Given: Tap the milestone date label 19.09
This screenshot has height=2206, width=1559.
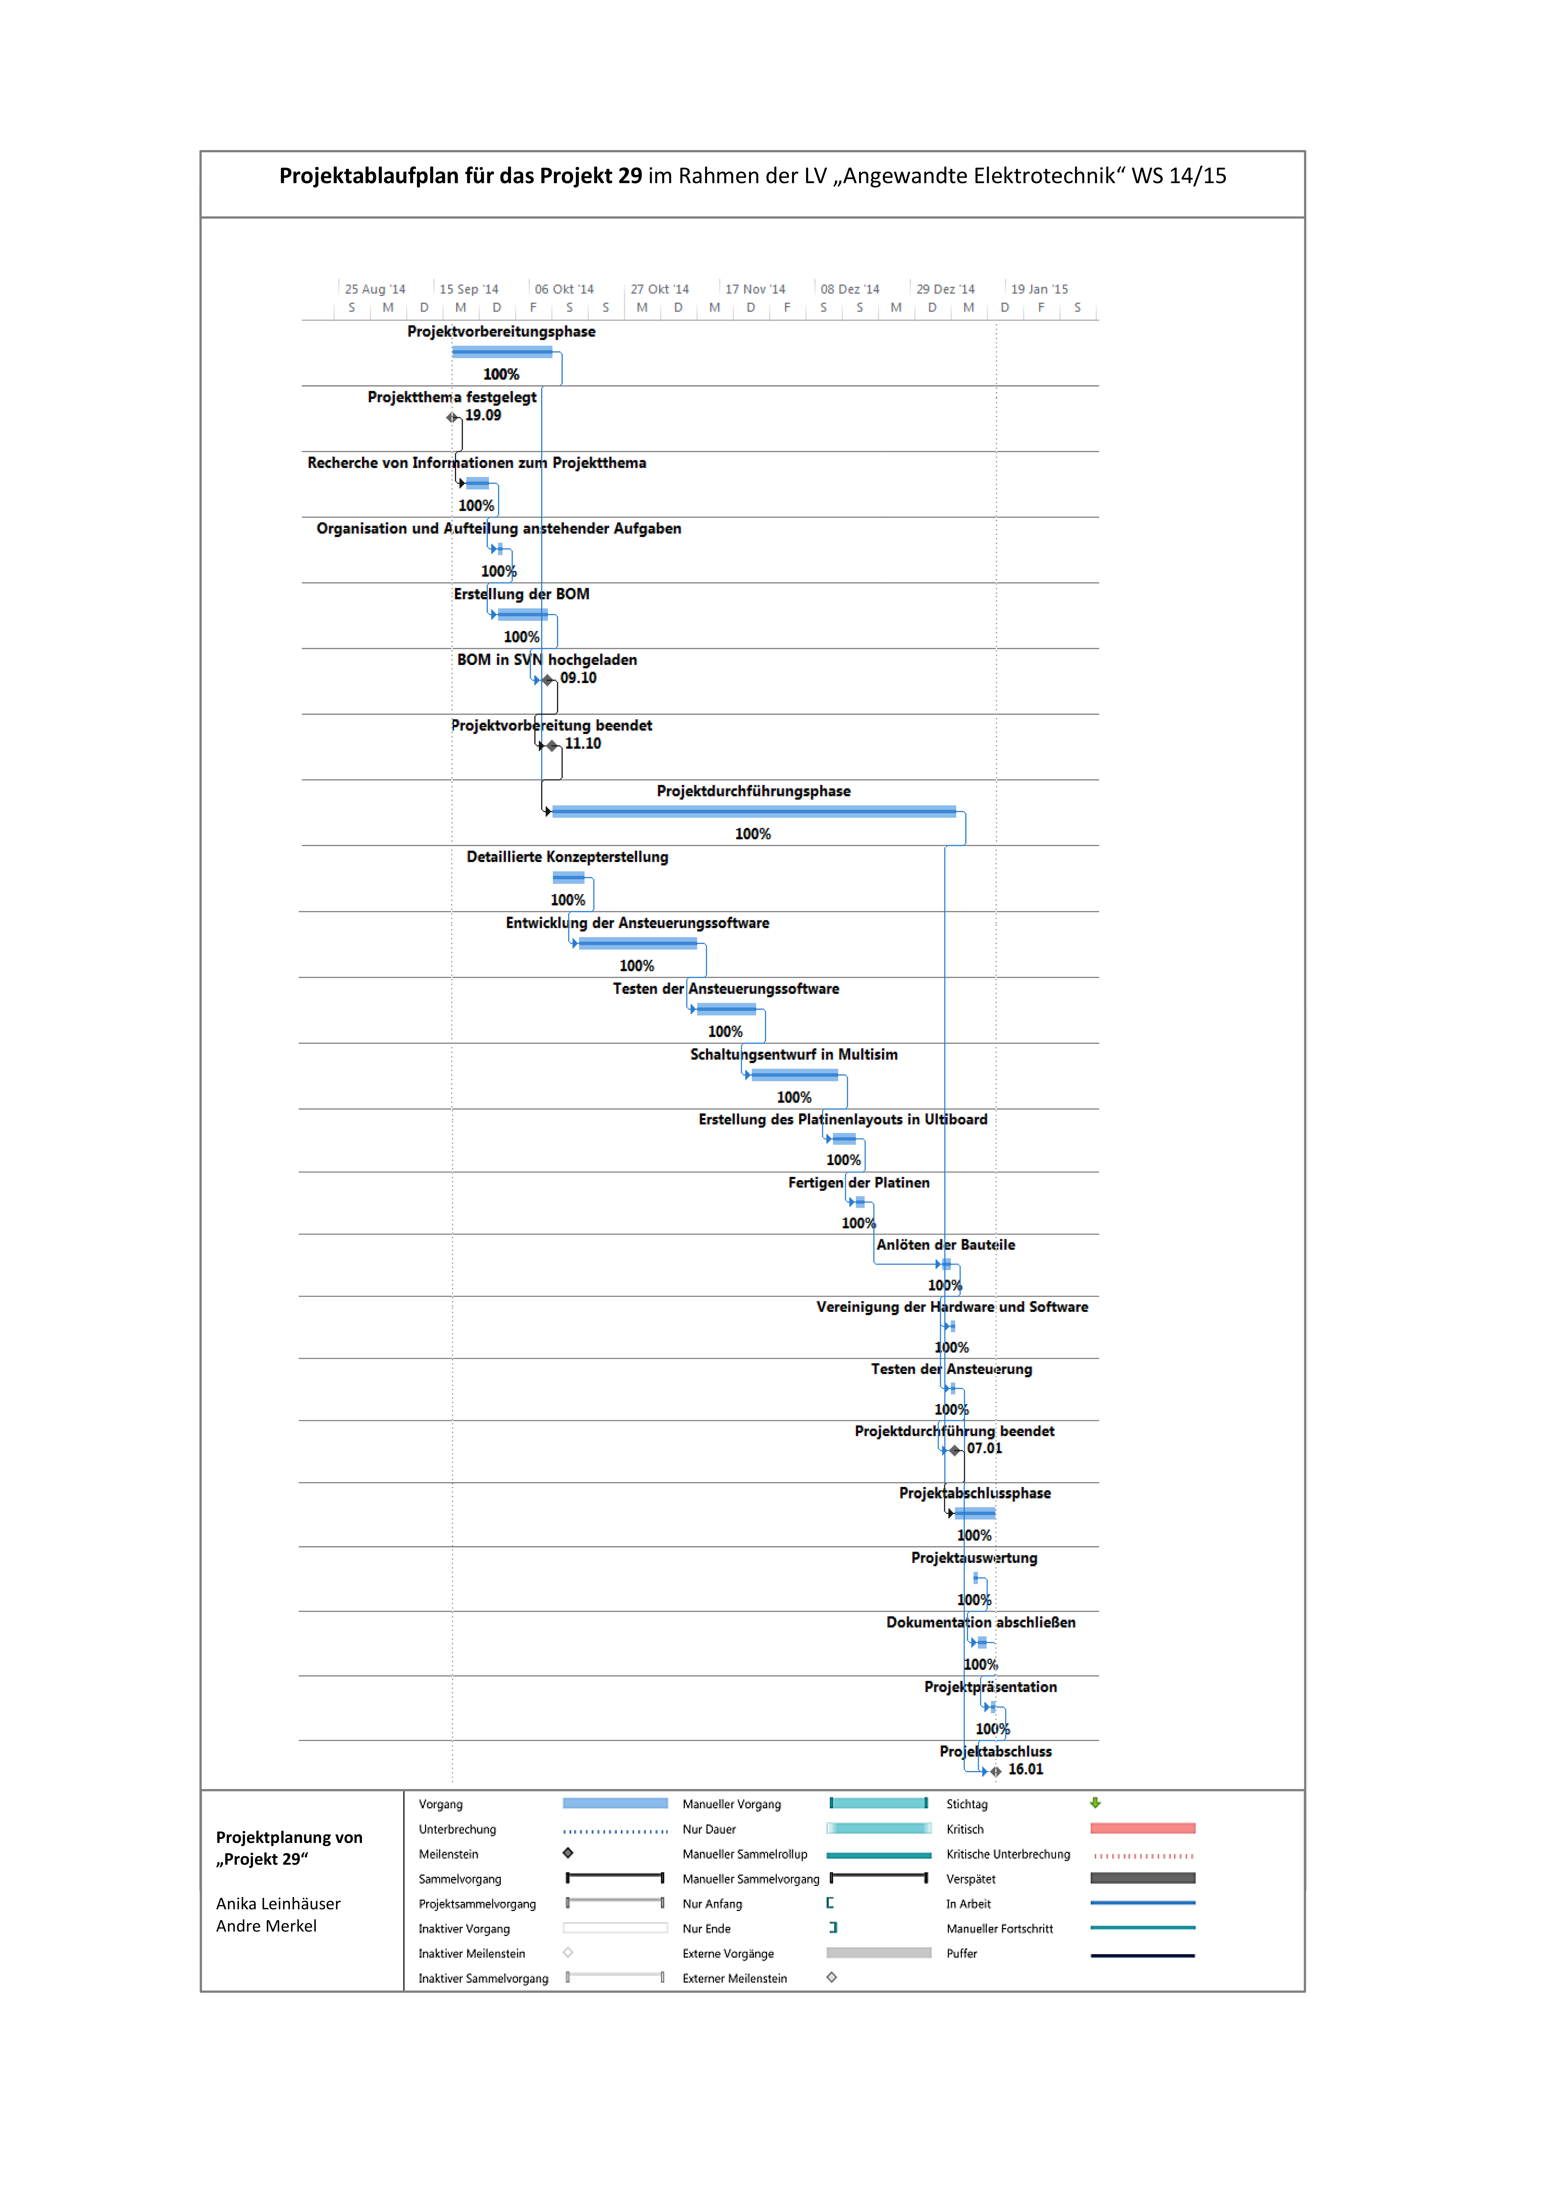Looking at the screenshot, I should (483, 415).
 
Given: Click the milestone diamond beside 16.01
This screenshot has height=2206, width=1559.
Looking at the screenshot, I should (996, 1771).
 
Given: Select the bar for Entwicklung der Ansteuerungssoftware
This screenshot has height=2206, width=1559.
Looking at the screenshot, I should (638, 943).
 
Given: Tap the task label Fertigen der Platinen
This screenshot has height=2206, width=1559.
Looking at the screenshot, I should (859, 1183).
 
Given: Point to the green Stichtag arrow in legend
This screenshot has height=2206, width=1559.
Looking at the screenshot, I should (1095, 1803).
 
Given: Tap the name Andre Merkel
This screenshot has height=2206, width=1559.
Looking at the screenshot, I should (266, 1925).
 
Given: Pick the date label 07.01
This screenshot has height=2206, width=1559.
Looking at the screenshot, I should (985, 1449).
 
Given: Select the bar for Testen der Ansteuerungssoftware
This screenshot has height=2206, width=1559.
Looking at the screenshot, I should (726, 1009).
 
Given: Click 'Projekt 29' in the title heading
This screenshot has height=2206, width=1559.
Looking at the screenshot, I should (590, 176).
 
